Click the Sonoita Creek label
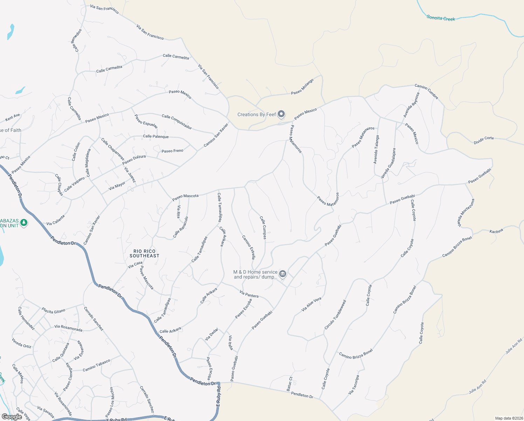point(441,18)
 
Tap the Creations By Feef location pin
point(281,114)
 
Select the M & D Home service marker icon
point(283,274)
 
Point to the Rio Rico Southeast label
point(144,253)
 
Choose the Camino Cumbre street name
point(426,91)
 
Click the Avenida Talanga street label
point(376,150)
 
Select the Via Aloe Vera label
point(311,305)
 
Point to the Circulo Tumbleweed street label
point(335,315)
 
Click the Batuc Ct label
point(290,384)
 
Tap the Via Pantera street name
point(249,294)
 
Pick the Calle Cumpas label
point(263,227)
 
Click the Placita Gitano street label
point(54,310)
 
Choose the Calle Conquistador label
point(177,121)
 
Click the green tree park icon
point(24,223)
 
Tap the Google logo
point(12,416)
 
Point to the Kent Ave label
point(13,117)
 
